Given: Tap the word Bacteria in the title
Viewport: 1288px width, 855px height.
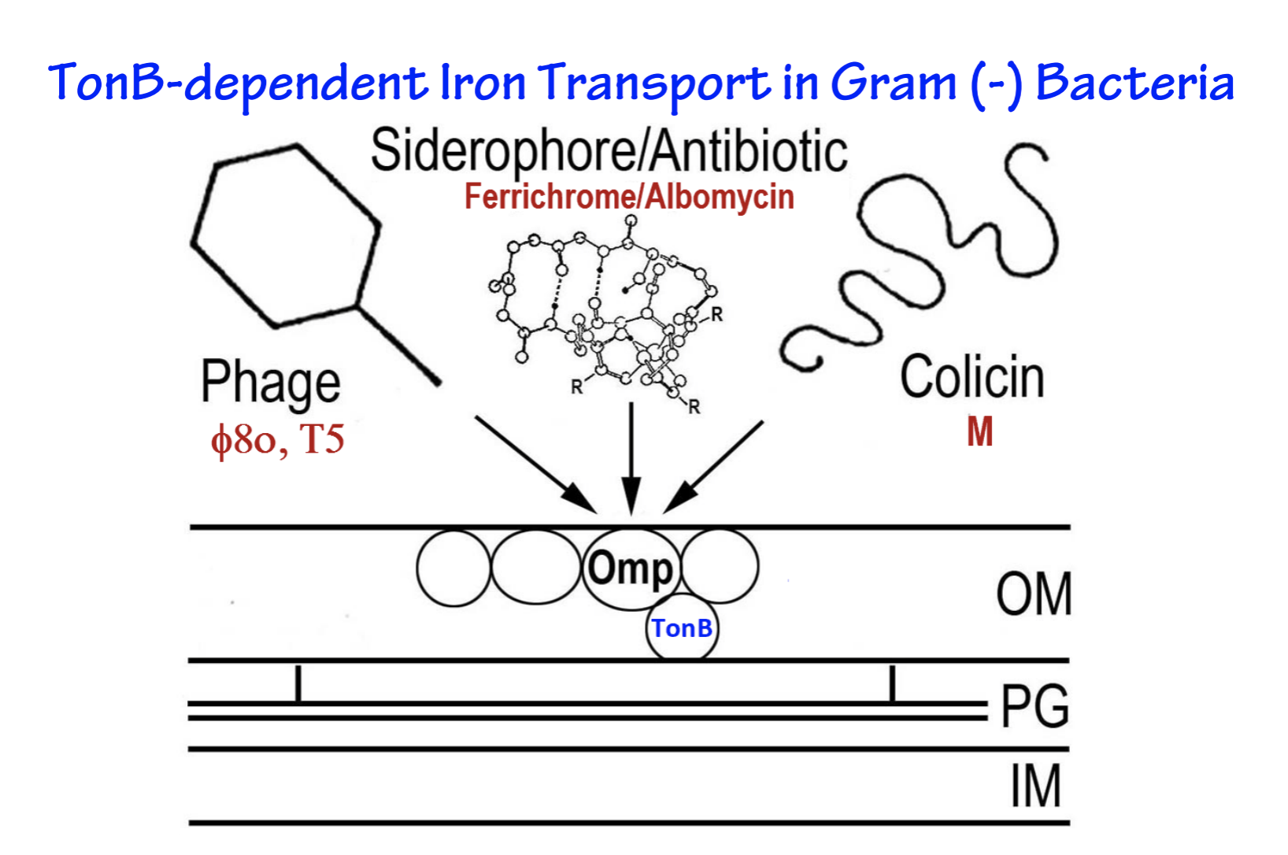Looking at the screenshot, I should click(x=1134, y=83).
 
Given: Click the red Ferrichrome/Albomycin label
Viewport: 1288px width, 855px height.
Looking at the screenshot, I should click(x=628, y=197).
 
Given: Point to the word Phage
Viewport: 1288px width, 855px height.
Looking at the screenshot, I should click(x=270, y=383).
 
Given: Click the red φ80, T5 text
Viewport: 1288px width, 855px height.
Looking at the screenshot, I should click(x=277, y=439).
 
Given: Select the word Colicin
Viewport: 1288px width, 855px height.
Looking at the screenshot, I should click(x=972, y=378).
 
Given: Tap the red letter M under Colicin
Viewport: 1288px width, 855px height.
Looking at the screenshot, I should click(x=979, y=431).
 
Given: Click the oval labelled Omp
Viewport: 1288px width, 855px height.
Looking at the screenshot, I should click(x=631, y=568).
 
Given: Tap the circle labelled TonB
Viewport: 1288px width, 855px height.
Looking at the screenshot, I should click(x=682, y=628).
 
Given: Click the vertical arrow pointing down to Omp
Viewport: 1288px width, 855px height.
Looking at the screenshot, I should click(x=631, y=457).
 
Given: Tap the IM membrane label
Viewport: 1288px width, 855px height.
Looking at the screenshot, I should click(x=1036, y=786).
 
